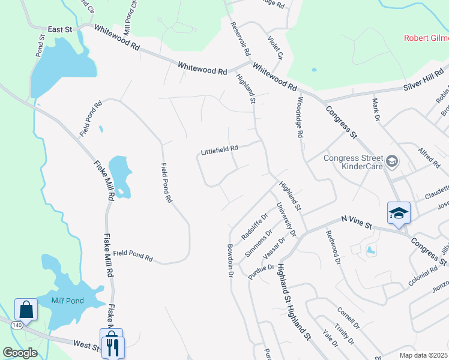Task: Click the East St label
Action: (x=60, y=29)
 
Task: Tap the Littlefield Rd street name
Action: (x=220, y=148)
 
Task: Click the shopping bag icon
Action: (x=26, y=310)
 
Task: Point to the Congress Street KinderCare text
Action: (x=353, y=163)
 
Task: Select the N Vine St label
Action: (x=357, y=222)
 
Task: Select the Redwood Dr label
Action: (x=333, y=248)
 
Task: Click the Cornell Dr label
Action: (x=348, y=319)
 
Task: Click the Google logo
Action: (x=20, y=353)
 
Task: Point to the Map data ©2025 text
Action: (x=424, y=355)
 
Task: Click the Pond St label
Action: (x=40, y=45)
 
